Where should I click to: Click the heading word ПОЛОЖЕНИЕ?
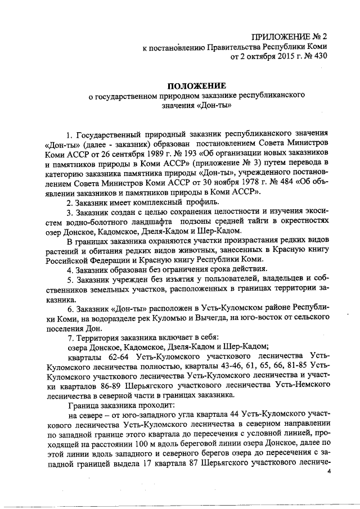(197, 85)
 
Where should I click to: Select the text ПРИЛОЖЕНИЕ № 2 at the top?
(289, 36)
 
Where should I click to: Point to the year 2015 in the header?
(273, 56)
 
